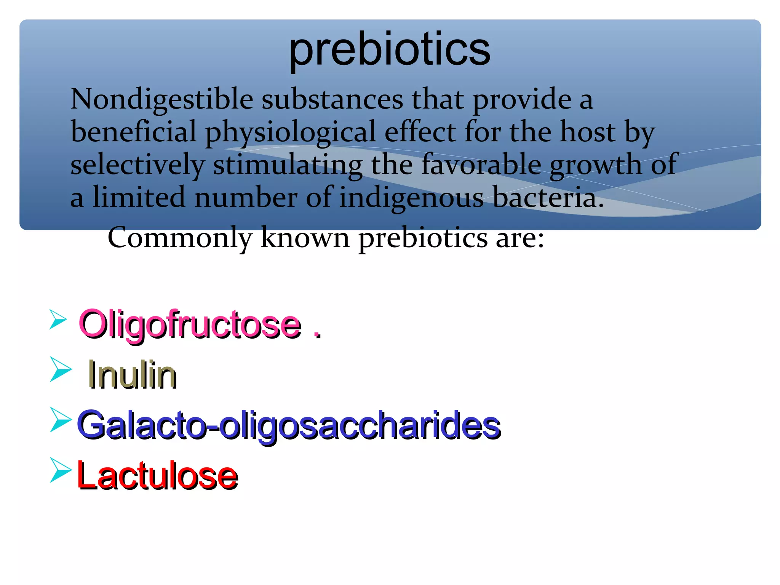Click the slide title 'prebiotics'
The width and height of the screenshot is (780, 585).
pyautogui.click(x=390, y=50)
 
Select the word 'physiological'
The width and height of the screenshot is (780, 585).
pyautogui.click(x=291, y=132)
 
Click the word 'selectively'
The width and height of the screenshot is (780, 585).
pyautogui.click(x=137, y=165)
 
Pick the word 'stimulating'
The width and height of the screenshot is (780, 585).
pyautogui.click(x=288, y=165)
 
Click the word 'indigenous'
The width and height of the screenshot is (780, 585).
pyautogui.click(x=411, y=198)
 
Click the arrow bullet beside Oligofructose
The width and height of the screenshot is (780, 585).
pyautogui.click(x=58, y=319)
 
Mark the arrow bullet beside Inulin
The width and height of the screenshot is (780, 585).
pyautogui.click(x=61, y=369)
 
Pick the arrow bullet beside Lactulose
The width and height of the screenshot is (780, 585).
pyautogui.click(x=61, y=471)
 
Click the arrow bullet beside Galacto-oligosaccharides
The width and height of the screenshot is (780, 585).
pyautogui.click(x=61, y=420)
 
